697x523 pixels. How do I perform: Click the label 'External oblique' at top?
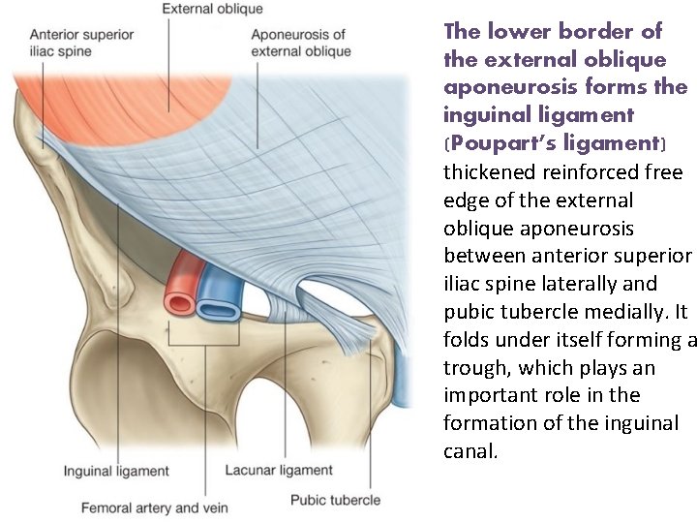[x=212, y=9]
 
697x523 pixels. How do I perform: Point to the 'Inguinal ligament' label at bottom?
[x=116, y=472]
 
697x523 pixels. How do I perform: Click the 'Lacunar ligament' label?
[x=279, y=471]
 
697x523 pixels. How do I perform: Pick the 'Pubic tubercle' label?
[x=336, y=500]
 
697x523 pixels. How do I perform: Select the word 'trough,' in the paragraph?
[x=475, y=368]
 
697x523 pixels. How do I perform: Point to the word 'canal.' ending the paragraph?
[x=470, y=451]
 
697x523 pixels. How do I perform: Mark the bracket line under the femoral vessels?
[x=204, y=345]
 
